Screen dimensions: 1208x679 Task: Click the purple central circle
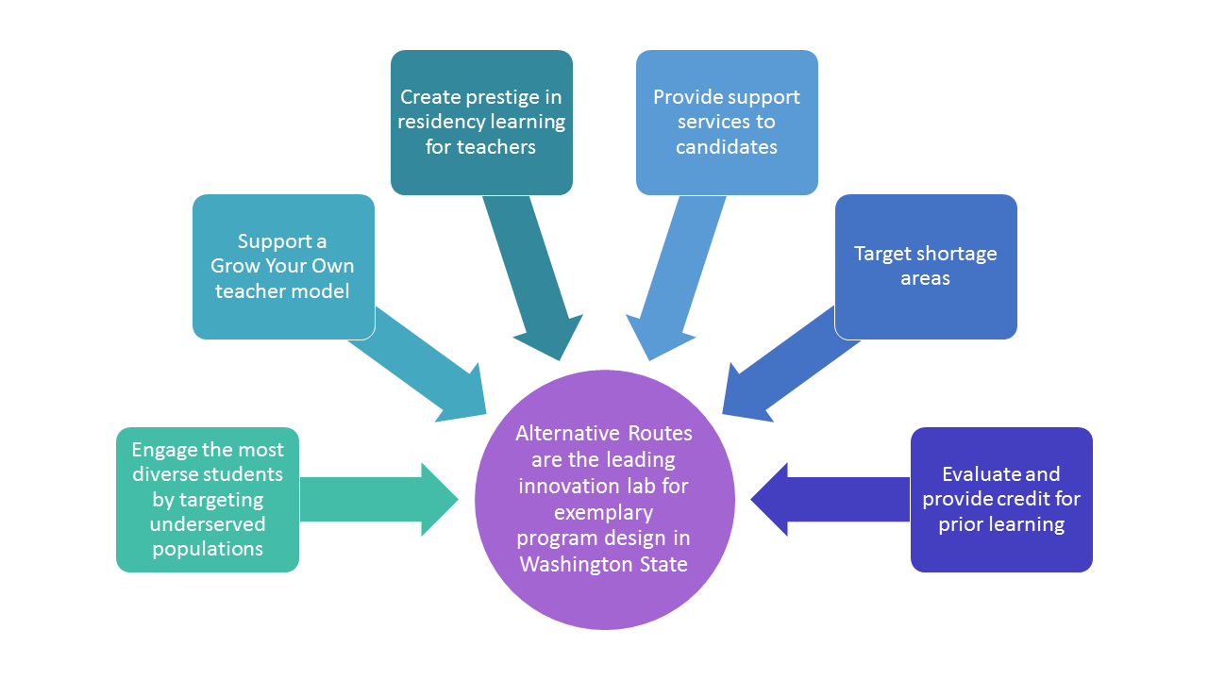pyautogui.click(x=605, y=500)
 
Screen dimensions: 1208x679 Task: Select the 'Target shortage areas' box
pyautogui.click(x=926, y=267)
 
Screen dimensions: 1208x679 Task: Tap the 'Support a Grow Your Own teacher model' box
pyautogui.click(x=284, y=267)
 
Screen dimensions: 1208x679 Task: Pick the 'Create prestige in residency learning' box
pyautogui.click(x=481, y=123)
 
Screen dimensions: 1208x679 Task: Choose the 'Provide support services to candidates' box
pyautogui.click(x=727, y=123)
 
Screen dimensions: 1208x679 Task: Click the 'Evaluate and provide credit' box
pyautogui.click(x=1001, y=500)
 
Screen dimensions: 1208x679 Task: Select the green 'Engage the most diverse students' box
pyautogui.click(x=208, y=500)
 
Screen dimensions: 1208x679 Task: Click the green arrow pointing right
pyautogui.click(x=379, y=500)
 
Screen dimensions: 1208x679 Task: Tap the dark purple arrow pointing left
pyautogui.click(x=830, y=500)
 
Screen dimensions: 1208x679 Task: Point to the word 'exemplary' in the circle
pyautogui.click(x=603, y=513)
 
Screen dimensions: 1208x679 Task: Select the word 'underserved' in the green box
pyautogui.click(x=208, y=523)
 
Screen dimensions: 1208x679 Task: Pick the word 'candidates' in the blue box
pyautogui.click(x=727, y=146)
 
